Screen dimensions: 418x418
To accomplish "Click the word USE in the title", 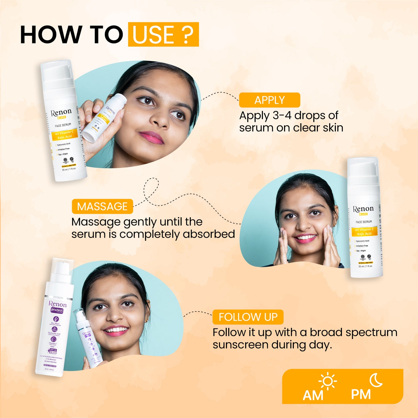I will (x=154, y=35).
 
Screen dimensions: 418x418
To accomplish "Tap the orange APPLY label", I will (x=269, y=100).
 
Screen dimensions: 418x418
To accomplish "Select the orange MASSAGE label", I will (x=102, y=206).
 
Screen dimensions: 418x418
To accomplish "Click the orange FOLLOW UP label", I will (x=248, y=317).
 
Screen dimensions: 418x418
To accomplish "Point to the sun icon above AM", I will (x=327, y=382).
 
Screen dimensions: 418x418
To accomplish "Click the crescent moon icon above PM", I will (x=376, y=380).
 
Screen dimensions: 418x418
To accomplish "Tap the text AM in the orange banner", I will (x=313, y=395).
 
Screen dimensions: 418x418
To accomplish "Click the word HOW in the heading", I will (x=51, y=35).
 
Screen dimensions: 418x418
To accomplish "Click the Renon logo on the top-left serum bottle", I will (x=61, y=113).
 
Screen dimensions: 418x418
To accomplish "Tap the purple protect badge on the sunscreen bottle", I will (x=57, y=310).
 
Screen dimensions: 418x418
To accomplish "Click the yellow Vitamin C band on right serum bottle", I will (x=364, y=231).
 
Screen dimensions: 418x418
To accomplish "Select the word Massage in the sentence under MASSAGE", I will (x=96, y=222).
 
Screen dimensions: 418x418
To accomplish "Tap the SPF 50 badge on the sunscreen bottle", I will (x=53, y=351).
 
